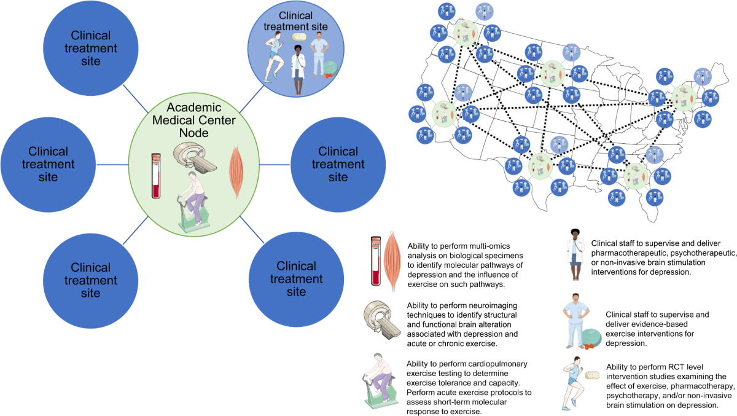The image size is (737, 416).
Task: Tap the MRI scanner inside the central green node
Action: (x=195, y=157)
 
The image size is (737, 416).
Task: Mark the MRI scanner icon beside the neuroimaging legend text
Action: (x=382, y=320)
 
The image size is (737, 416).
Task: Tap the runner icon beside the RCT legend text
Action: (x=571, y=384)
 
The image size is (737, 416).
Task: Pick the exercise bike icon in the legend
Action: (x=382, y=385)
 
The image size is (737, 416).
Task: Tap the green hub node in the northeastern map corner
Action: (x=684, y=97)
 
